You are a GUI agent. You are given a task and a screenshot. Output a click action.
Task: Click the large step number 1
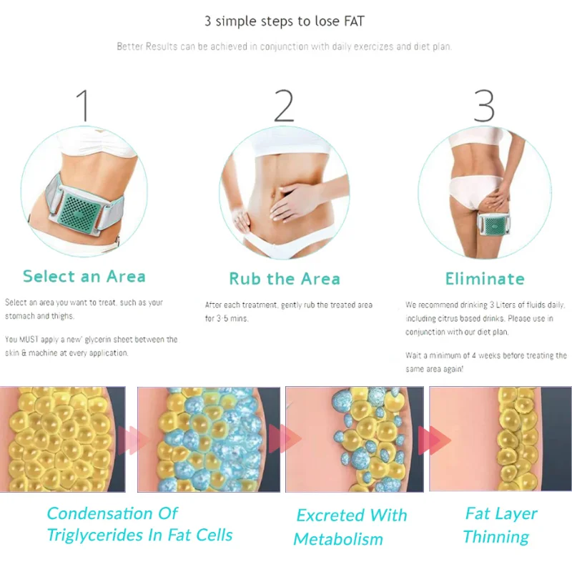coord(84,106)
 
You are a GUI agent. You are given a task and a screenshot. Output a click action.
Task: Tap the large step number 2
coord(284,106)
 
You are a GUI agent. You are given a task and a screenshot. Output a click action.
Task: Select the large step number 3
coord(484,106)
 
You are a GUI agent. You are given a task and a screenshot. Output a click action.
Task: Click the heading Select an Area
coord(84,276)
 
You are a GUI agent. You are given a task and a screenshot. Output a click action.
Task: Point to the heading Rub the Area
coord(284,278)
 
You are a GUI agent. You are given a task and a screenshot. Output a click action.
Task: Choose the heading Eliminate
coord(485,278)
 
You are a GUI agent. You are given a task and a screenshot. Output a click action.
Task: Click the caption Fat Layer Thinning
coord(500,525)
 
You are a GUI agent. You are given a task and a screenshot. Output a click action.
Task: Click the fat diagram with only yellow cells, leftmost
coord(62,438)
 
